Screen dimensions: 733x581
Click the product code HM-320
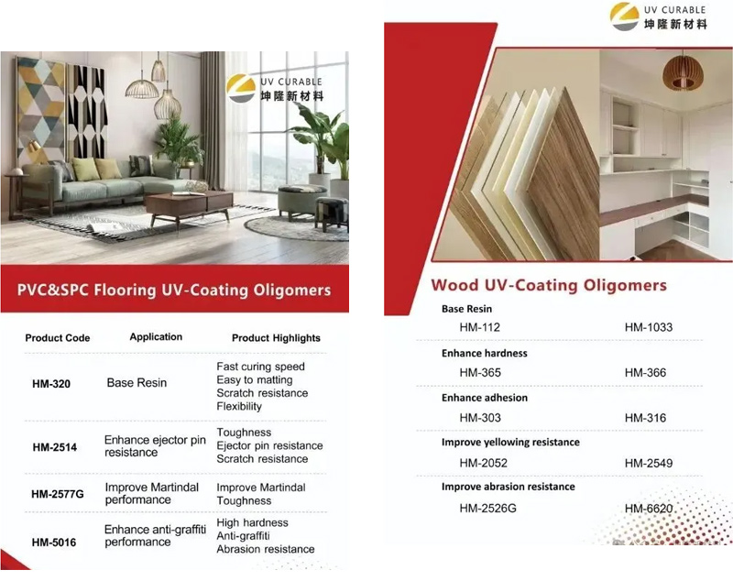tap(51, 384)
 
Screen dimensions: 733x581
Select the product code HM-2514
tap(55, 447)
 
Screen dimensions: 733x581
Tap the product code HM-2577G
tap(58, 494)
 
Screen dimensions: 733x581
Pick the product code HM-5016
tap(54, 543)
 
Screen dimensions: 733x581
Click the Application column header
tap(156, 337)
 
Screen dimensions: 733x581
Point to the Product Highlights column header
tap(277, 338)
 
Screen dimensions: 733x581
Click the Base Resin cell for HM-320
tap(137, 383)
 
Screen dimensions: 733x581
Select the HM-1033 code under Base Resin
tap(649, 327)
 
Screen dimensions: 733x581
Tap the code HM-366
tap(645, 373)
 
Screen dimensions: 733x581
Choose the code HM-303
tap(480, 417)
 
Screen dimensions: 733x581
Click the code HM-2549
tap(649, 463)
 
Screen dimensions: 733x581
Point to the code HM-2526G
tap(488, 508)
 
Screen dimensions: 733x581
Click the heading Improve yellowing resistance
tap(510, 443)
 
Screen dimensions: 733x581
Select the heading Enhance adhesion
tap(485, 398)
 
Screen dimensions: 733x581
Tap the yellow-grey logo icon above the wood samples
tap(625, 16)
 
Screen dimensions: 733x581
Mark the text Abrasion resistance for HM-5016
tap(266, 549)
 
